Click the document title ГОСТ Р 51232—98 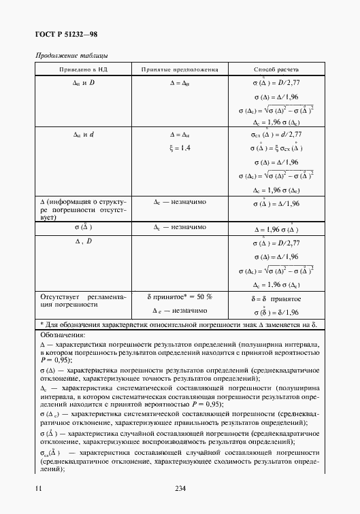coord(69,34)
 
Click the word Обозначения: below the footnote coord(63,335)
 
